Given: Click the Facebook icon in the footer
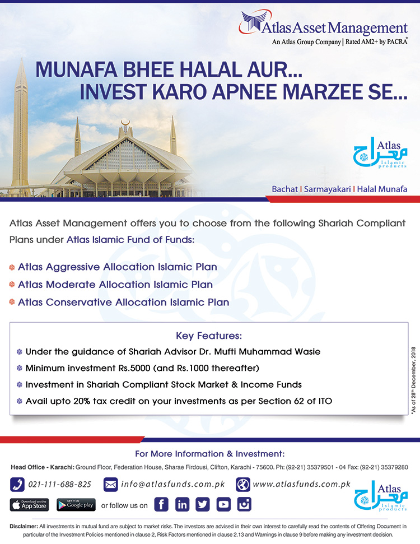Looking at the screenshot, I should (x=161, y=504).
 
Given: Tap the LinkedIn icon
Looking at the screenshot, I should (x=182, y=504).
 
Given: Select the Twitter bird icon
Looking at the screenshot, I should (x=203, y=504).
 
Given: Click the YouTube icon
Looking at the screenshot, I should (x=223, y=504).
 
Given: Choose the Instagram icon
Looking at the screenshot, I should (x=244, y=504).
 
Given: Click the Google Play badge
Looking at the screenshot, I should (x=76, y=504).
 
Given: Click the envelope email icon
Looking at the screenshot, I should (x=110, y=484).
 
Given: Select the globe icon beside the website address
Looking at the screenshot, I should (x=242, y=484).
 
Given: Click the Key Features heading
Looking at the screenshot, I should (x=209, y=336).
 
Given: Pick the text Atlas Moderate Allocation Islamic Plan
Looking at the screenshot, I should (x=115, y=285).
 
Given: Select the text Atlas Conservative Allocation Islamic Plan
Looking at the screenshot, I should (x=123, y=303).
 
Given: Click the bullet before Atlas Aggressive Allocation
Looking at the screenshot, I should (x=12, y=267).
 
